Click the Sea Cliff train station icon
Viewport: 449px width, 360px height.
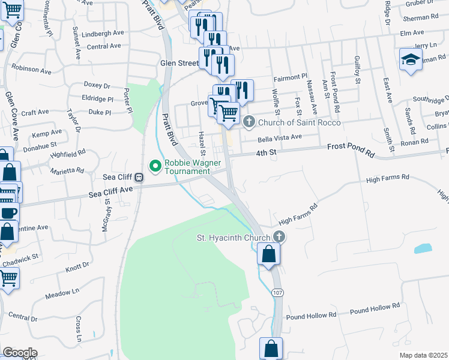click(x=139, y=178)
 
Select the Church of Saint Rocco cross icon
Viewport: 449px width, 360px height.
click(x=250, y=122)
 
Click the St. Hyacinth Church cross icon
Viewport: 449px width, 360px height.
click(x=278, y=238)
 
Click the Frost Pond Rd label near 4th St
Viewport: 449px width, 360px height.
click(x=351, y=150)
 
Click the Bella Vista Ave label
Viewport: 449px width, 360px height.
click(x=279, y=137)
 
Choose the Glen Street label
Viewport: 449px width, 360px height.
click(x=179, y=62)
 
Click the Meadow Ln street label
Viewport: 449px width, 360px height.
click(x=62, y=293)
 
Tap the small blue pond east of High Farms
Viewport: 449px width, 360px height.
click(x=423, y=248)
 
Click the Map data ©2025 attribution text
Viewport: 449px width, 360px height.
click(x=423, y=355)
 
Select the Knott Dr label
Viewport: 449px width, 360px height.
click(x=77, y=265)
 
